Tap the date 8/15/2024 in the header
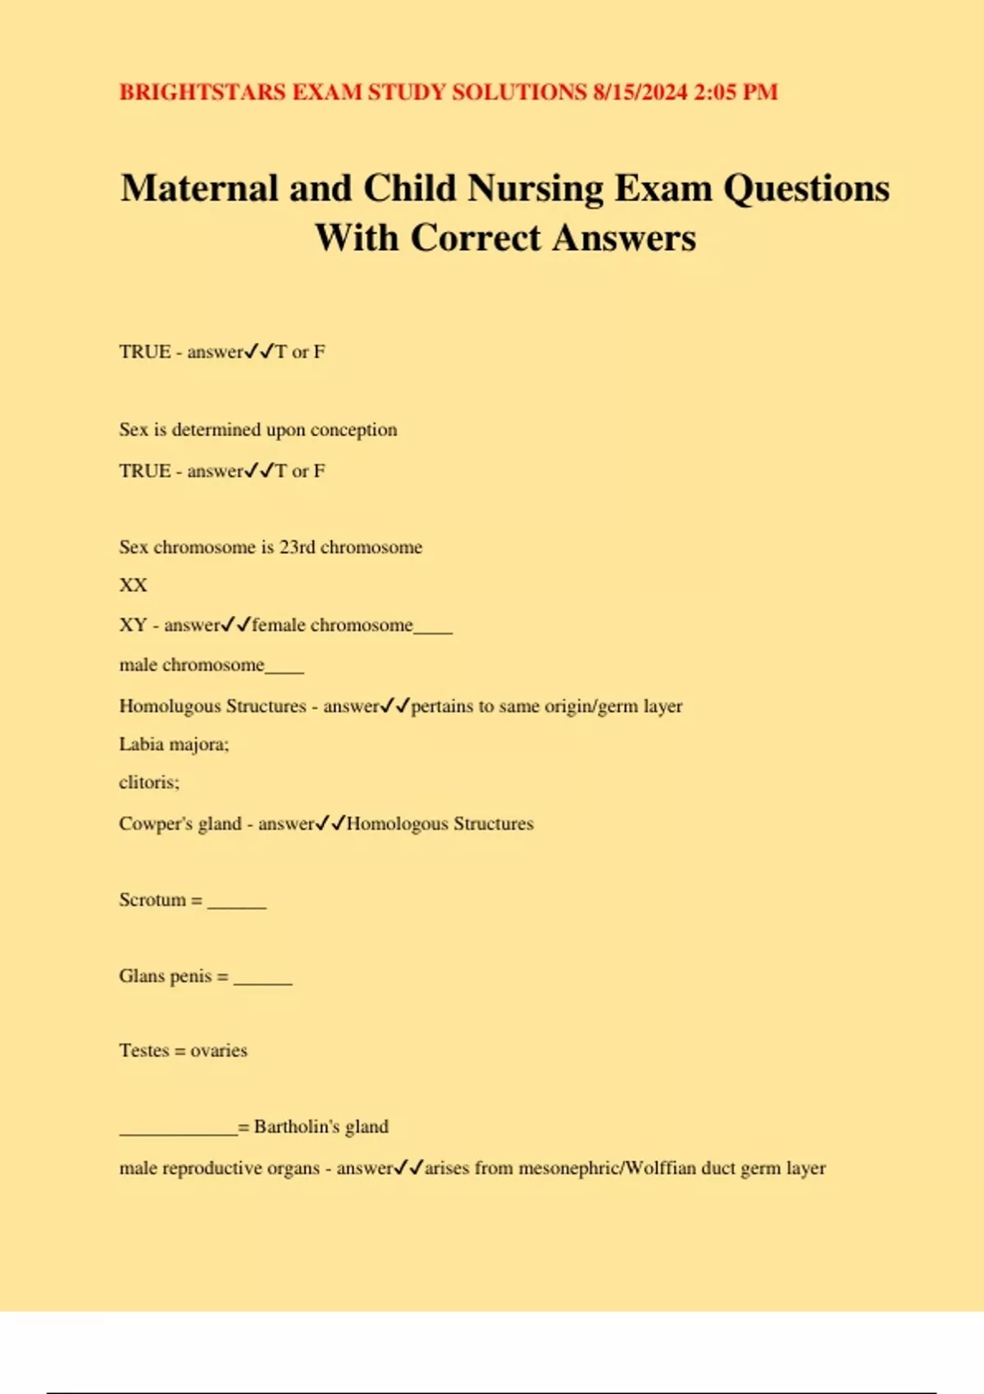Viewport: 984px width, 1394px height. coord(640,92)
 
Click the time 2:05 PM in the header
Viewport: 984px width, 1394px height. coord(736,92)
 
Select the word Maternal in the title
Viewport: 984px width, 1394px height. coord(199,188)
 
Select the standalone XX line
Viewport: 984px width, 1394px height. coord(133,585)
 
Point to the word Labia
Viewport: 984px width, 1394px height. coord(141,745)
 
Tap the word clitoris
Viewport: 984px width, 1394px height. coord(148,782)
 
